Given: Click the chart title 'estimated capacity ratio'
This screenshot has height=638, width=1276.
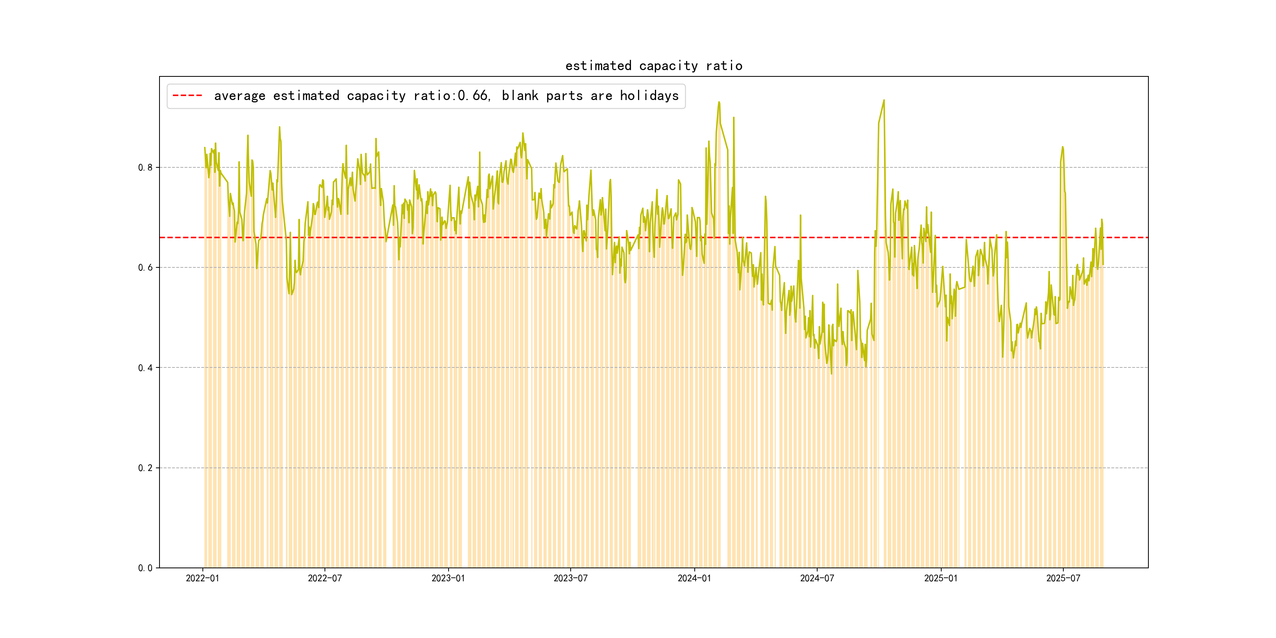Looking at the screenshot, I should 653,66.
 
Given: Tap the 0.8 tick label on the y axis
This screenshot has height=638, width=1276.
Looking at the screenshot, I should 145,167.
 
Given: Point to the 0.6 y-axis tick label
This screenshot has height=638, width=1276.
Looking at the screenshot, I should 145,267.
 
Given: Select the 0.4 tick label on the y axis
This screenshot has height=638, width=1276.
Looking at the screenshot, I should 145,367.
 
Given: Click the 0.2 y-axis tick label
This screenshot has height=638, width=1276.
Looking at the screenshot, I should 145,467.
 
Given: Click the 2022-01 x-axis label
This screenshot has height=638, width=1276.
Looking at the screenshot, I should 202,578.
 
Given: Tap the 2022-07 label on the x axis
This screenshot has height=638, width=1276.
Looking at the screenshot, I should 325,578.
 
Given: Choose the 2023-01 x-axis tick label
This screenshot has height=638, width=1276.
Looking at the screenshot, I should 448,578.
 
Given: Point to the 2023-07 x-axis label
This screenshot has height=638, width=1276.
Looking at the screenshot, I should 570,578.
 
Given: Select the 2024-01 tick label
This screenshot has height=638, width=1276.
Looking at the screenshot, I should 694,578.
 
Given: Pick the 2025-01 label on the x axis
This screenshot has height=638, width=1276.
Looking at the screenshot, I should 940,578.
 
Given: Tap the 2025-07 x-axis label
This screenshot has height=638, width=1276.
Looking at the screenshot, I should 1063,578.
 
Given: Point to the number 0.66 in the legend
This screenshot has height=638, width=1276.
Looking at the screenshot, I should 473,96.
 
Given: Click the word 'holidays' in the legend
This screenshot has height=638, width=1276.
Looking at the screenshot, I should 649,96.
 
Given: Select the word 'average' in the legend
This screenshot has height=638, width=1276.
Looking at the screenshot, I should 240,96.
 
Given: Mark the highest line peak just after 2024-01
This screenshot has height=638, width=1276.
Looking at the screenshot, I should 719,102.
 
